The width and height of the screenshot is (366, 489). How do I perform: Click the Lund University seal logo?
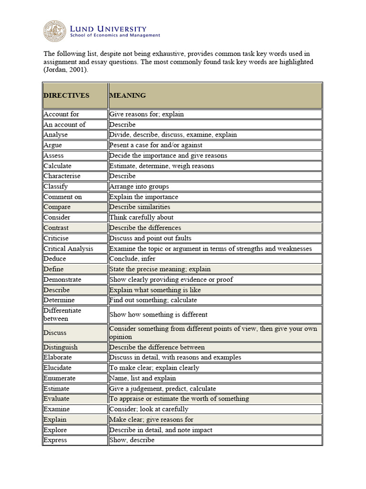pyautogui.click(x=55, y=31)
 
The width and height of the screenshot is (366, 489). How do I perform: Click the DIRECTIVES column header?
pyautogui.click(x=67, y=96)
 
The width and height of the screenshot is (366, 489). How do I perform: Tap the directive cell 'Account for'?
pyautogui.click(x=61, y=114)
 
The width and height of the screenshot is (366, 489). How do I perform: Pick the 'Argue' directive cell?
pyautogui.click(x=53, y=145)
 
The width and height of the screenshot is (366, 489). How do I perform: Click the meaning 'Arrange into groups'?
pyautogui.click(x=139, y=186)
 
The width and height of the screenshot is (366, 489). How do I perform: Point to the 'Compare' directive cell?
pyautogui.click(x=57, y=207)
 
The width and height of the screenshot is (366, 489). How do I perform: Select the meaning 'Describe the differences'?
pyautogui.click(x=145, y=228)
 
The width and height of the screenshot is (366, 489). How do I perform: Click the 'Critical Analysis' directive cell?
pyautogui.click(x=69, y=248)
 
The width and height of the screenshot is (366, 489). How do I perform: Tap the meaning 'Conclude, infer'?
pyautogui.click(x=132, y=259)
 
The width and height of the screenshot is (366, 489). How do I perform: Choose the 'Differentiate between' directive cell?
pyautogui.click(x=62, y=314)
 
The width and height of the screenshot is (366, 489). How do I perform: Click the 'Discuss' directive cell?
pyautogui.click(x=55, y=332)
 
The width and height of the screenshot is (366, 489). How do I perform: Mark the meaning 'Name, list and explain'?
pyautogui.click(x=142, y=378)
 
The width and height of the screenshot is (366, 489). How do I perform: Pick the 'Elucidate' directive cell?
pyautogui.click(x=58, y=368)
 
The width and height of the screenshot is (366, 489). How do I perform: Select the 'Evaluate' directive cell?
pyautogui.click(x=57, y=399)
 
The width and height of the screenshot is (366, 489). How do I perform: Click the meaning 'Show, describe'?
pyautogui.click(x=132, y=440)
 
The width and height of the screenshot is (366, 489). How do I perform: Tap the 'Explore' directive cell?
pyautogui.click(x=55, y=430)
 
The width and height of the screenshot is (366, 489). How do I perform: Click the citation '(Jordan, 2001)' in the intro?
pyautogui.click(x=66, y=70)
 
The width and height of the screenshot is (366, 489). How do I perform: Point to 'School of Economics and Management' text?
pyautogui.click(x=115, y=35)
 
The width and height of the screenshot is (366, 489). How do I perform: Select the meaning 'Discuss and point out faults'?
pyautogui.click(x=150, y=238)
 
